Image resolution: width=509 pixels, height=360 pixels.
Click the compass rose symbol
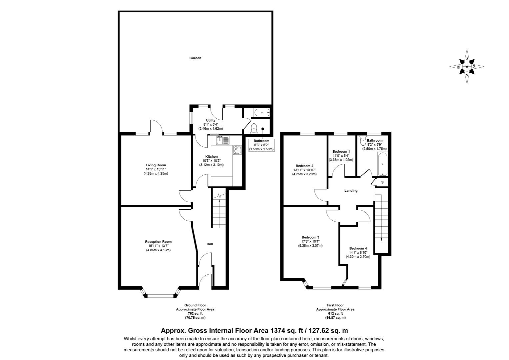coord(467,67)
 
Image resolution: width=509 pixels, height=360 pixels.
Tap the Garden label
coord(195,58)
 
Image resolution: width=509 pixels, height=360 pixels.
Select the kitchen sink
coord(222,140)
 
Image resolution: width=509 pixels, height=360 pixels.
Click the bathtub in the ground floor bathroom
coord(261,113)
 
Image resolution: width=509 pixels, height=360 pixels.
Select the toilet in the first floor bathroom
coord(363,141)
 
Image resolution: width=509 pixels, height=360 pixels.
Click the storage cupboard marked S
coord(382,182)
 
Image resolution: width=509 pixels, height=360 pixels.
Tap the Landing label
coord(351,191)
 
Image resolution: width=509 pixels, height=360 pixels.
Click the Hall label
coord(210,244)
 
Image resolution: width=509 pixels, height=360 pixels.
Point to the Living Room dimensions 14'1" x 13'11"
coord(156,169)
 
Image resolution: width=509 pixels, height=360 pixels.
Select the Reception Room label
coord(158,242)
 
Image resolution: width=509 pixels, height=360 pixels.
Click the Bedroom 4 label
coord(358,248)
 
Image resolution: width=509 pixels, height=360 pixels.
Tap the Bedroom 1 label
coord(341,151)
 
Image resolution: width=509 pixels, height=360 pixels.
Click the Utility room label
coord(211,120)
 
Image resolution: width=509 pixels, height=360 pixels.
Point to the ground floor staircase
coord(219,212)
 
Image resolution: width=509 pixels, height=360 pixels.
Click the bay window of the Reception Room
coord(160,295)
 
